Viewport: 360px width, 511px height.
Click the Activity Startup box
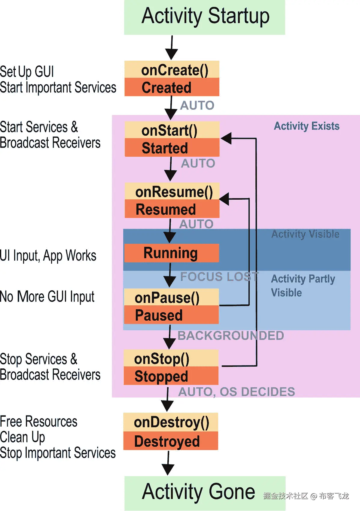point(205,17)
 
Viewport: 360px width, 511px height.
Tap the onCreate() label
point(174,70)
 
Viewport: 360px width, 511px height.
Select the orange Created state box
point(172,87)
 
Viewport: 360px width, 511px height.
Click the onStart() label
point(169,131)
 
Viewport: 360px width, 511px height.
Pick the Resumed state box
point(172,209)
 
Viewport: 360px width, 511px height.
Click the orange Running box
point(171,253)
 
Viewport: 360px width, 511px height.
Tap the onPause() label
point(167,298)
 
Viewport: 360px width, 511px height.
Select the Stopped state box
point(171,376)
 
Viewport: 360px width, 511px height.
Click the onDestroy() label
point(171,422)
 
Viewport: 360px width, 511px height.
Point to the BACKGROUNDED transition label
point(230,336)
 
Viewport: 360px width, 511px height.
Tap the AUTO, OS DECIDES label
point(236,392)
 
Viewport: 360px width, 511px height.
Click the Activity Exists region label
point(307,126)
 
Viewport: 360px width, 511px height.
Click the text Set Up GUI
point(27,72)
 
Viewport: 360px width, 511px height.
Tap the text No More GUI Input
point(47,297)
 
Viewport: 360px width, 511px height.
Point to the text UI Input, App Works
point(48,256)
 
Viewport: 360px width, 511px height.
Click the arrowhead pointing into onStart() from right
point(227,138)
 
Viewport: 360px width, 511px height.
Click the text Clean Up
point(23,437)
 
